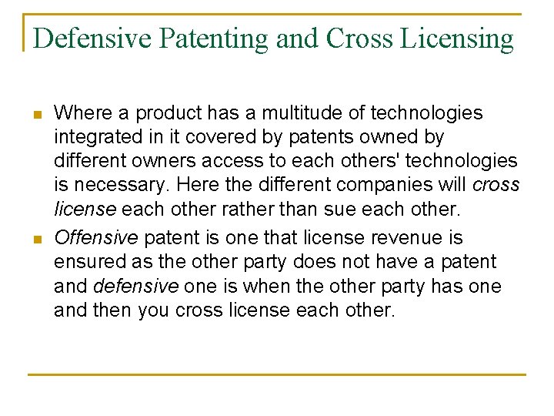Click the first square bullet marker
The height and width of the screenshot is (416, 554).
click(37, 114)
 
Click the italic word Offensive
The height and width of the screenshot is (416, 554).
click(95, 237)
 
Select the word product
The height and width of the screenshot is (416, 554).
click(157, 113)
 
